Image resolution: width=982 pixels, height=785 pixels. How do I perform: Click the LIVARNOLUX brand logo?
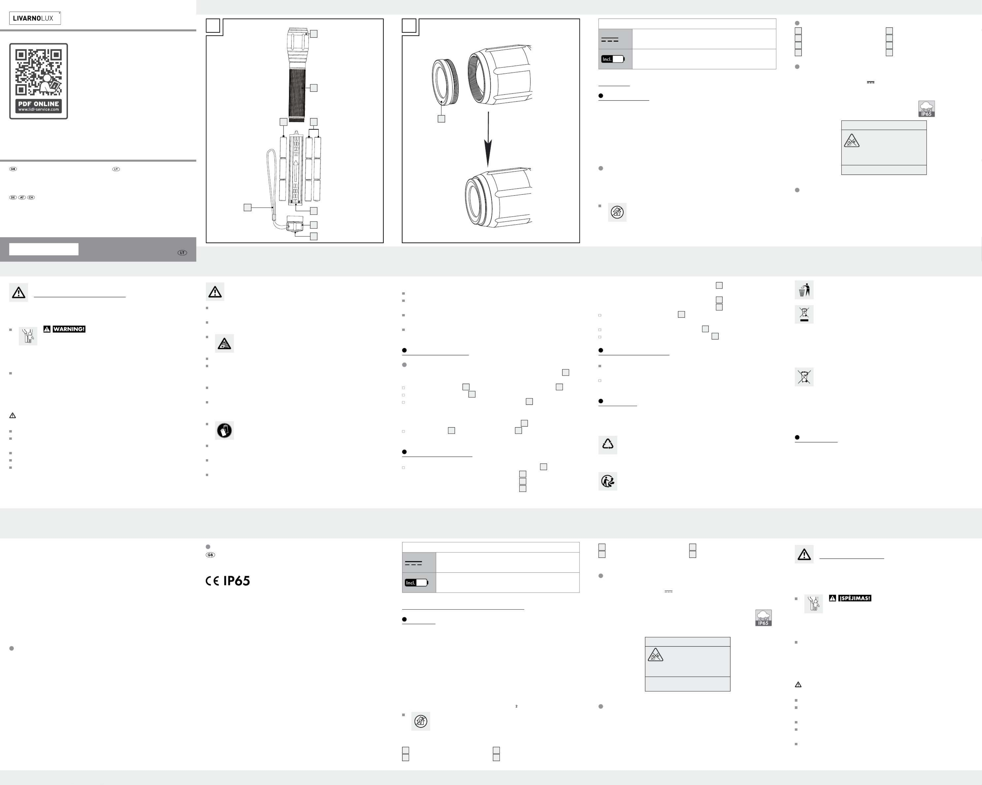[x=35, y=18]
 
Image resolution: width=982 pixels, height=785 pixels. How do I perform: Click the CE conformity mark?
[x=212, y=581]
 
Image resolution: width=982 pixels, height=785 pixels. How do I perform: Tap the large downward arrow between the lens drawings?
[x=488, y=139]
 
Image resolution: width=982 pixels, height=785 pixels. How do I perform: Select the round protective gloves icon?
[x=224, y=430]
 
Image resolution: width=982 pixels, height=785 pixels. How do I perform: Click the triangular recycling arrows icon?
[x=608, y=444]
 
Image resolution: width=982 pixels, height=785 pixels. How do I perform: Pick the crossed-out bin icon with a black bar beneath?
[x=804, y=314]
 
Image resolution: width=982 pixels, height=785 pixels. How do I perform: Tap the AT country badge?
[x=22, y=198]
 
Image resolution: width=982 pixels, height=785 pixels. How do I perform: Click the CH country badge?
[x=31, y=198]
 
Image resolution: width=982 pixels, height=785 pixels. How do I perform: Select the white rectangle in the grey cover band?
[x=44, y=249]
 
